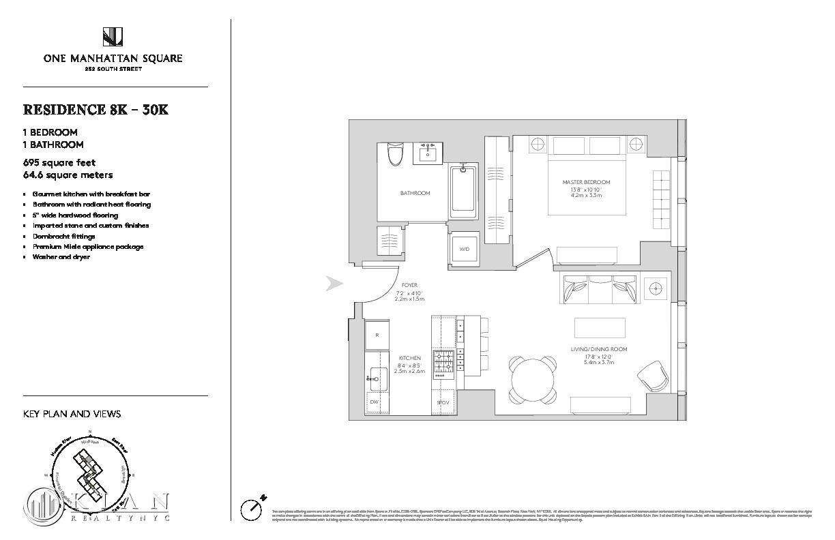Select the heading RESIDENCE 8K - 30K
96,110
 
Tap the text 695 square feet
59,162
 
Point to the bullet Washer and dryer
61,257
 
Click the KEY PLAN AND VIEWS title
72,414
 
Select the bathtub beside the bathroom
464,190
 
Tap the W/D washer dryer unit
464,249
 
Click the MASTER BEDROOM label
586,182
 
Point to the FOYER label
409,285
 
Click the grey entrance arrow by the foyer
334,284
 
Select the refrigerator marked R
377,335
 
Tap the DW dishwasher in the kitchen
375,402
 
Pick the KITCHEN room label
409,358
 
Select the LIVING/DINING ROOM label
599,349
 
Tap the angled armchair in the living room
652,376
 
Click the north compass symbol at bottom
252,508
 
